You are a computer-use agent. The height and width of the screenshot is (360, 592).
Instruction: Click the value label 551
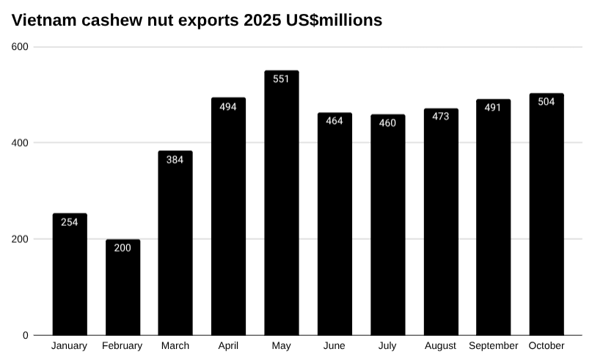[x=281, y=79]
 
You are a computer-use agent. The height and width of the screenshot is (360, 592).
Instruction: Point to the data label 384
[x=175, y=159]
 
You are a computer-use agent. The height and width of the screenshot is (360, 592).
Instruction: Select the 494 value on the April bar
[x=228, y=106]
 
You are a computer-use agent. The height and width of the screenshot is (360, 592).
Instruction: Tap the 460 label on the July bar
[x=387, y=122]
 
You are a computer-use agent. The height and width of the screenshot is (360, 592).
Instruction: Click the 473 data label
[x=441, y=117]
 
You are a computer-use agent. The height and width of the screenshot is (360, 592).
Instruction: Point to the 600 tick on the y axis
[x=20, y=47]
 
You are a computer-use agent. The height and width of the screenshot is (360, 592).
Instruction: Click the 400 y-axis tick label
[x=20, y=142]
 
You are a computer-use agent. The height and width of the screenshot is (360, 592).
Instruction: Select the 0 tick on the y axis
[x=25, y=335]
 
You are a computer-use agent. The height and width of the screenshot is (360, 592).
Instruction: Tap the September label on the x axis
[x=494, y=346]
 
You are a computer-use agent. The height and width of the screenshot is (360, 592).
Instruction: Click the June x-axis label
[x=335, y=346]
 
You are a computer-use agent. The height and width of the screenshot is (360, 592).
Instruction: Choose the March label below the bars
[x=175, y=346]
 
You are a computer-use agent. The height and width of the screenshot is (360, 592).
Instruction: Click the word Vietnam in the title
[x=42, y=21]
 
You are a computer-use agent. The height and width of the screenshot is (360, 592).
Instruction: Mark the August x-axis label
[x=441, y=346]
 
